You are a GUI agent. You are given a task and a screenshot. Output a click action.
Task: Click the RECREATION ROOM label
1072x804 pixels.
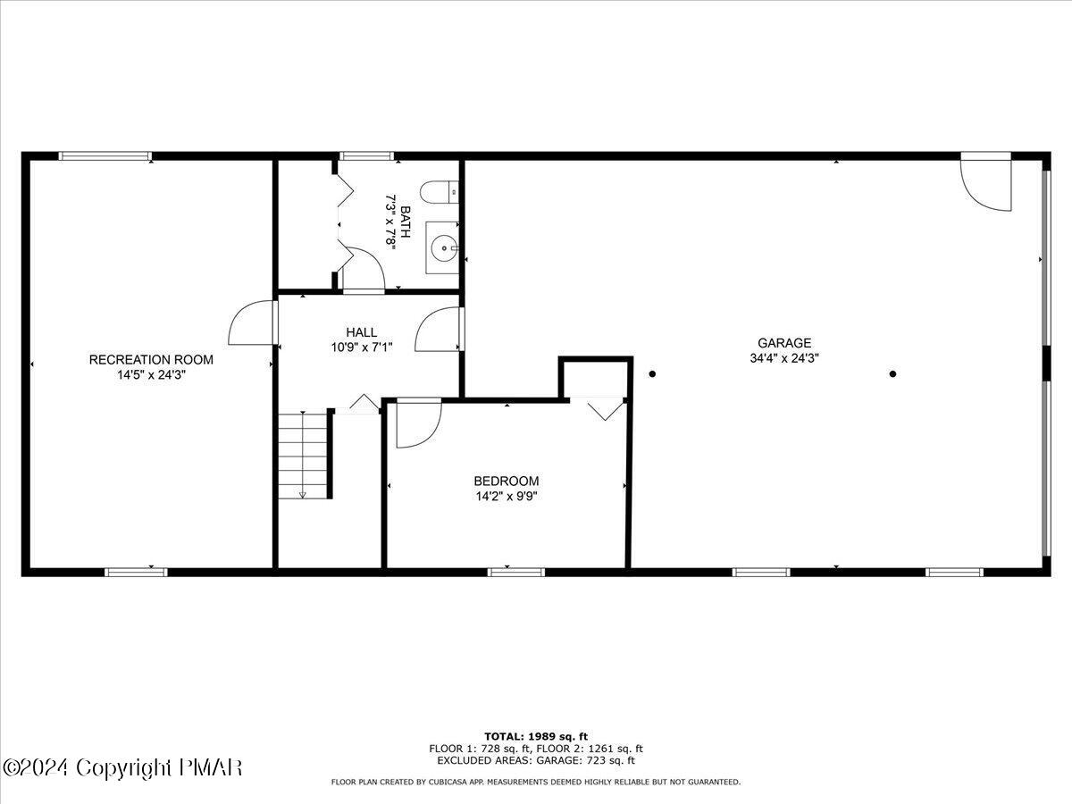click(x=151, y=359)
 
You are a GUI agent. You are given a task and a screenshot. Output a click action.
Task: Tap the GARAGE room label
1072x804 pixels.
click(x=784, y=342)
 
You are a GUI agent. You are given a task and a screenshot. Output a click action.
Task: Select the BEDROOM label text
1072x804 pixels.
click(x=506, y=481)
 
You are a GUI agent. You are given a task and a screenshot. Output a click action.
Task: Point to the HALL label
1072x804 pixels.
click(x=362, y=331)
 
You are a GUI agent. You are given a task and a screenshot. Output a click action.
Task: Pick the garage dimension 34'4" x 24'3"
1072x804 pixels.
click(x=784, y=357)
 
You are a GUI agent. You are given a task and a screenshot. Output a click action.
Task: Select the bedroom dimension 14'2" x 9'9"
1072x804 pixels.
click(x=506, y=496)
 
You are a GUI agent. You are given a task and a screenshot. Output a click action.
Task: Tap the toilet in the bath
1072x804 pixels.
click(x=441, y=192)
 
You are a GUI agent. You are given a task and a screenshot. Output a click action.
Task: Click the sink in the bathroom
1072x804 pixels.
click(x=443, y=247)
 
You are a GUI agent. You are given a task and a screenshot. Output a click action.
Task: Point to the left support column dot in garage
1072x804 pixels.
click(x=653, y=373)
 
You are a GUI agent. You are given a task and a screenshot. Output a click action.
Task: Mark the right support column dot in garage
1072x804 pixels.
click(x=892, y=373)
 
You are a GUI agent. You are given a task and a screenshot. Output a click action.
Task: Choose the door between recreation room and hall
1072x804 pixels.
click(x=252, y=322)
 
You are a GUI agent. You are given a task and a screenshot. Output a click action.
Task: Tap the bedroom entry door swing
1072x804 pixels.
click(x=417, y=423)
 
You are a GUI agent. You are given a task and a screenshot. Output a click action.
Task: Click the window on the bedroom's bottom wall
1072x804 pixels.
click(x=516, y=571)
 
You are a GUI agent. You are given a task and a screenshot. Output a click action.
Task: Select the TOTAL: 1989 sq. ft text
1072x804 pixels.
click(x=536, y=736)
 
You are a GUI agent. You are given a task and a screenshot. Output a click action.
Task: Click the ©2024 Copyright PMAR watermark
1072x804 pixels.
click(x=122, y=767)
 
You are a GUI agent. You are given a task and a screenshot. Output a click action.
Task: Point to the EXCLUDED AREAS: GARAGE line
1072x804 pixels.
click(x=536, y=760)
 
